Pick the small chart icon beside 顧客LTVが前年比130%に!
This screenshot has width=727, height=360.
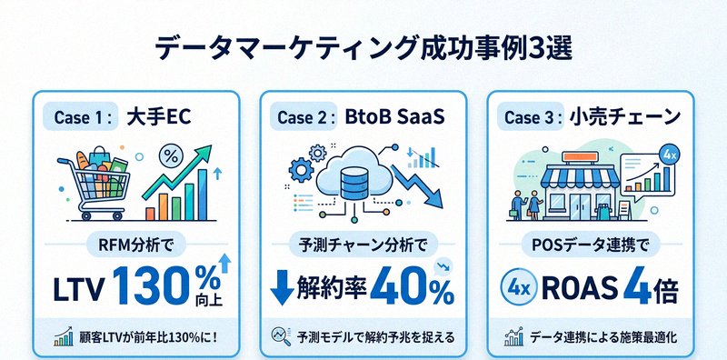(x=64, y=338)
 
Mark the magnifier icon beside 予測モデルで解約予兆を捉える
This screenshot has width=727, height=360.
(x=280, y=337)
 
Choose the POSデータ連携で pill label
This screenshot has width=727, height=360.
(x=591, y=244)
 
